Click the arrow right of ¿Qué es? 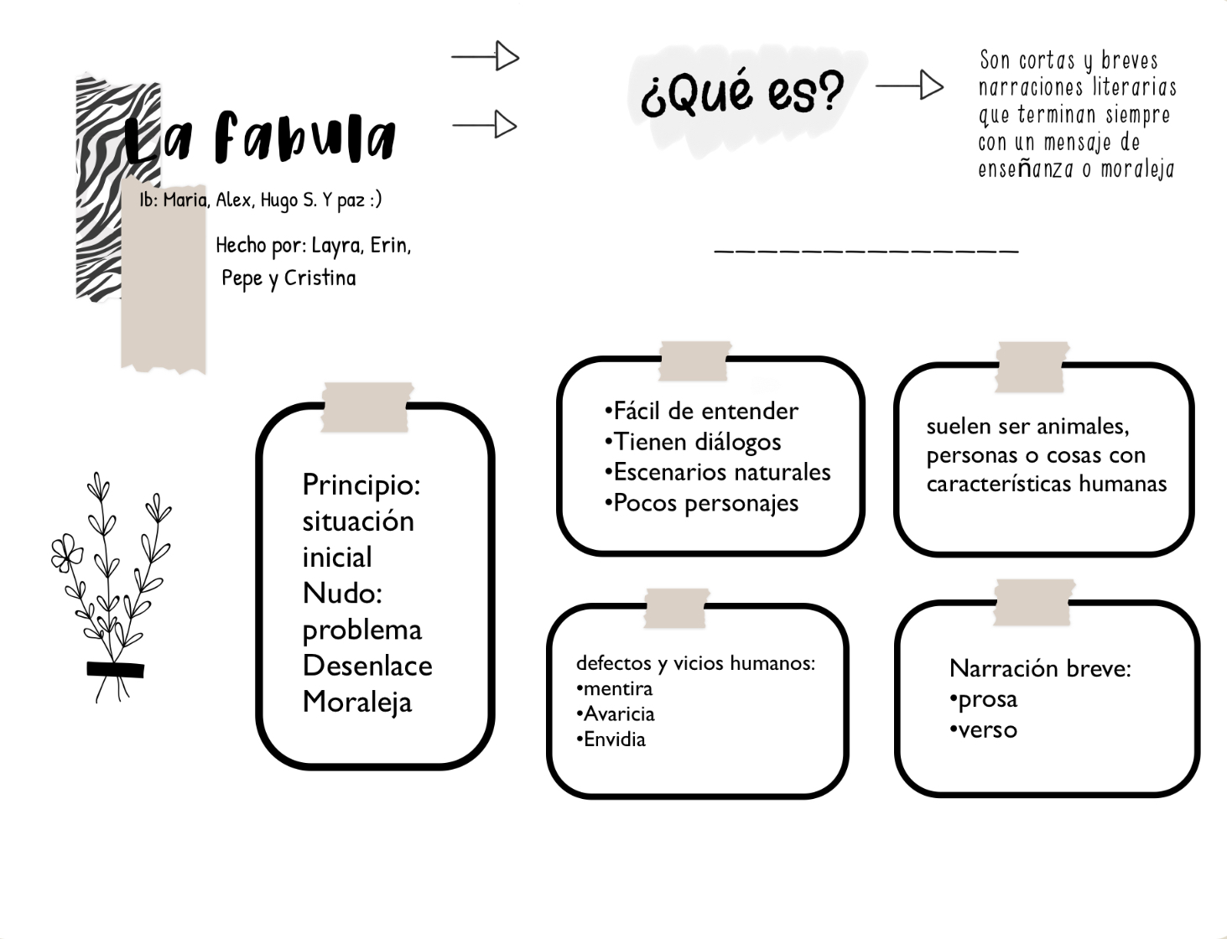(x=909, y=86)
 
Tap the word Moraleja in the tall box (x=357, y=702)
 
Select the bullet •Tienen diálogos (x=693, y=442)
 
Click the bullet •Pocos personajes (x=701, y=503)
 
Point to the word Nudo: (x=342, y=594)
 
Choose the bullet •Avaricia (x=616, y=714)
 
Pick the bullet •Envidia (x=611, y=739)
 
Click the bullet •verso (x=984, y=730)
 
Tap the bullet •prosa (x=984, y=699)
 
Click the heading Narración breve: (x=1040, y=668)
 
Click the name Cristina (x=320, y=278)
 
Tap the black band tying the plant (x=116, y=669)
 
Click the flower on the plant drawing (x=66, y=553)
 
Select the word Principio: (x=361, y=485)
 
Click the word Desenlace (x=367, y=666)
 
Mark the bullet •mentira (x=615, y=689)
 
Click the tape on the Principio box (x=367, y=407)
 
